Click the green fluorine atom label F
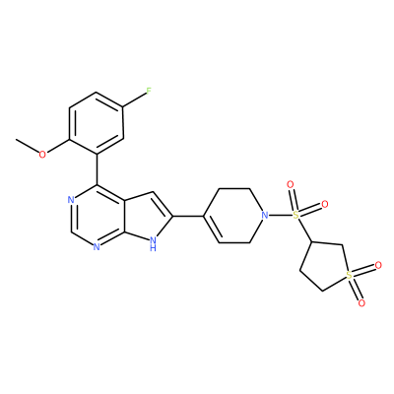pyautogui.click(x=149, y=91)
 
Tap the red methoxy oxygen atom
pyautogui.click(x=42, y=154)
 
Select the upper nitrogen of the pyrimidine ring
pyautogui.click(x=71, y=199)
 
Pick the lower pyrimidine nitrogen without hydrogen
pyautogui.click(x=97, y=246)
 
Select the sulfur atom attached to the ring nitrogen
pyautogui.click(x=295, y=216)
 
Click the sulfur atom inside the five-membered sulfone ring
pyautogui.click(x=350, y=276)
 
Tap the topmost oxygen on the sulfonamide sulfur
pyautogui.click(x=290, y=184)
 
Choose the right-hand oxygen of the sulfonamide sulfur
pyautogui.click(x=325, y=205)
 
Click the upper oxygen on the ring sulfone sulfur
pyautogui.click(x=378, y=265)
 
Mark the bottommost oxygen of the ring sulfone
pyautogui.click(x=361, y=303)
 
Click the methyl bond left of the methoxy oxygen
pyautogui.click(x=28, y=146)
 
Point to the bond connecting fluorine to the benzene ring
pyautogui.click(x=134, y=99)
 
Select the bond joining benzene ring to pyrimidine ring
pyautogui.click(x=98, y=169)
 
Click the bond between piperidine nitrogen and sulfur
pyautogui.click(x=281, y=216)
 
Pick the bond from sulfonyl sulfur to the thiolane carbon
pyautogui.click(x=304, y=230)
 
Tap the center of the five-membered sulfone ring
pyautogui.click(x=326, y=266)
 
